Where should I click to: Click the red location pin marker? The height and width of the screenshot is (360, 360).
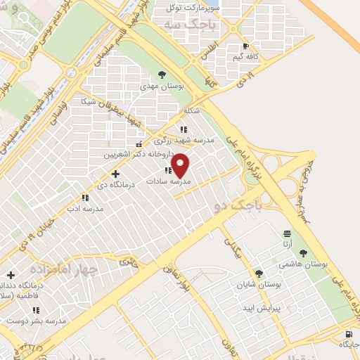[x=181, y=165]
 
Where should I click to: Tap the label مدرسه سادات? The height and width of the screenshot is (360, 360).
[x=168, y=181]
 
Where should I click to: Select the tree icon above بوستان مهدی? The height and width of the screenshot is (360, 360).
[x=162, y=73]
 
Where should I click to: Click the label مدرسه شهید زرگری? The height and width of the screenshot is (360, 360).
[x=183, y=140]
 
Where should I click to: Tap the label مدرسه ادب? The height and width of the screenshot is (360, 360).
[x=84, y=209]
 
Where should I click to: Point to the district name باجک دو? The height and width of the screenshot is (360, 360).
[x=235, y=205]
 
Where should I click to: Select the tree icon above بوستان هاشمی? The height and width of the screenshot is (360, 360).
[x=303, y=252]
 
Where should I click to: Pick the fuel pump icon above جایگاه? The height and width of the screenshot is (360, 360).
[x=349, y=333]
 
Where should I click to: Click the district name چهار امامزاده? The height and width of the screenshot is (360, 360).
[x=63, y=269]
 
